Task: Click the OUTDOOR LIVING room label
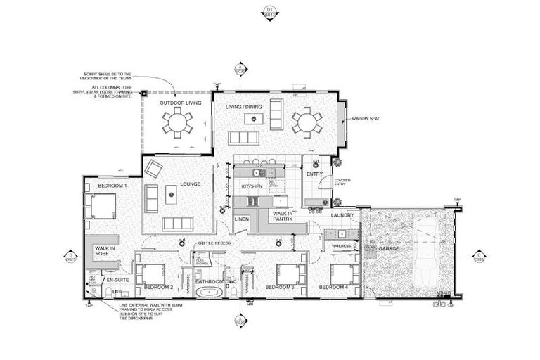(180, 103)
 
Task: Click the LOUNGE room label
(190, 184)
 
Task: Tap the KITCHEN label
(252, 186)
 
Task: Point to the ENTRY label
(314, 174)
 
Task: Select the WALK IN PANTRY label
(283, 216)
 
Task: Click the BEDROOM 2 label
(158, 288)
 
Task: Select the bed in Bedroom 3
(289, 273)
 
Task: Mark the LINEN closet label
(242, 219)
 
